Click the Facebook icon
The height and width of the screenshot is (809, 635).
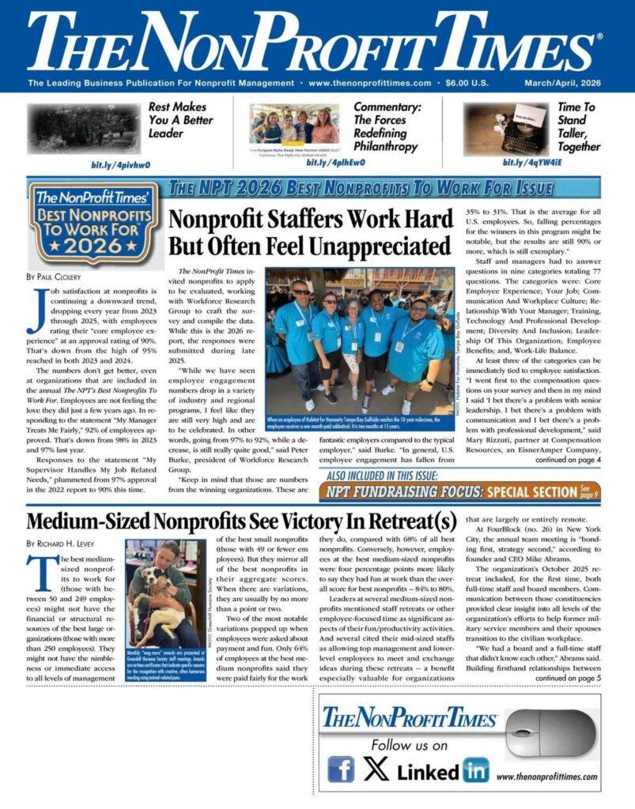[341, 769]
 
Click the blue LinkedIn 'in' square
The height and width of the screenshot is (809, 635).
[475, 769]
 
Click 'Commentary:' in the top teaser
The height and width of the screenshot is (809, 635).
[387, 107]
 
